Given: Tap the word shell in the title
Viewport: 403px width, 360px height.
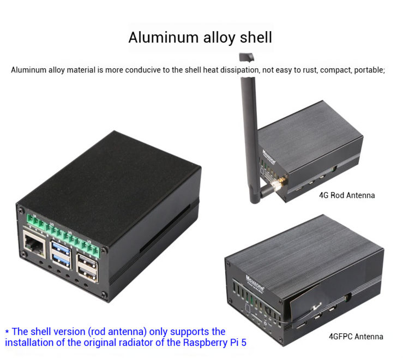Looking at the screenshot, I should click(x=255, y=38).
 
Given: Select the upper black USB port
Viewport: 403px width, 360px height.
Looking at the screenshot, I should click(x=87, y=261).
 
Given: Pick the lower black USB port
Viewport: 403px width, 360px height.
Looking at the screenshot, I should click(x=88, y=274).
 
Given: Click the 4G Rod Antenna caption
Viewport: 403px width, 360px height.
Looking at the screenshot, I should click(x=347, y=195).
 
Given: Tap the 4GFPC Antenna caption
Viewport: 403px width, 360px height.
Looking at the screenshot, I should click(x=356, y=337).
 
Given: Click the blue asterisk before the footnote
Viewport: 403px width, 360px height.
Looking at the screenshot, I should click(x=7, y=332).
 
